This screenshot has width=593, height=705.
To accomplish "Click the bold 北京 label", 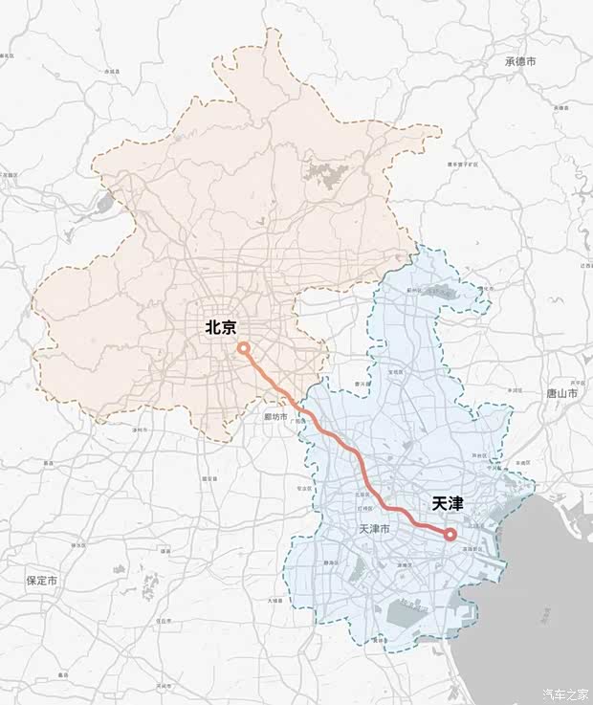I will click(221, 326).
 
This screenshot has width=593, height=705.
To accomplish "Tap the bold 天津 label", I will click(447, 501).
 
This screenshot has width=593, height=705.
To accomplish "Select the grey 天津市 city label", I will click(373, 529).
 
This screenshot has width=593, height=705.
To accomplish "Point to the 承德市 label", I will click(521, 61).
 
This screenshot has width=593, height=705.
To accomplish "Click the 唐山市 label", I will click(561, 393).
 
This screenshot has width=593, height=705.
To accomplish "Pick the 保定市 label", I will click(42, 581).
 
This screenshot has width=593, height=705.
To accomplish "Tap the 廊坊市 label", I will click(275, 417).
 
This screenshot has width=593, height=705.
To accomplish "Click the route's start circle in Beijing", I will click(244, 348).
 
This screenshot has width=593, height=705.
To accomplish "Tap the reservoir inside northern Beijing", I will click(326, 175).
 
